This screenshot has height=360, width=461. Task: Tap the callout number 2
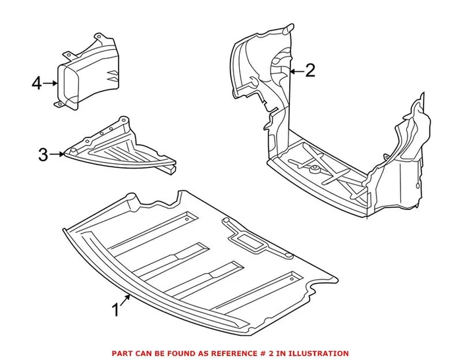pos(310,70)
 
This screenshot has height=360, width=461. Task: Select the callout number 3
pos(43,155)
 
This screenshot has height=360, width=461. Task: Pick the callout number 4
pos(37,84)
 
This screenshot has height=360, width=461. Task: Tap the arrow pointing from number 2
pos(294,70)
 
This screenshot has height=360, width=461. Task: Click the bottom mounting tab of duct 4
pos(57,103)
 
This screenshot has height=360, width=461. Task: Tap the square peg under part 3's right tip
pos(172,170)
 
